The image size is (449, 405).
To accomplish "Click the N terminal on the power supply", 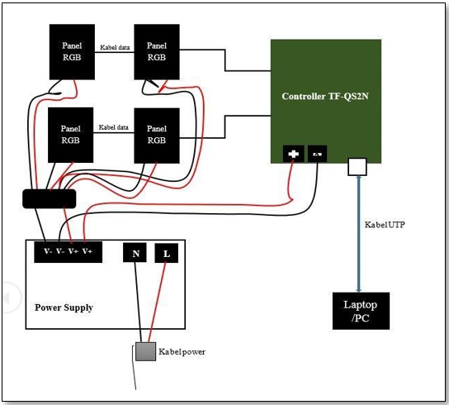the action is click(x=135, y=253).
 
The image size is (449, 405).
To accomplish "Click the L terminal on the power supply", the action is click(x=167, y=253).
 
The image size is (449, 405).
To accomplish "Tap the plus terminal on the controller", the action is click(x=294, y=154).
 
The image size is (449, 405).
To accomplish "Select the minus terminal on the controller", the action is click(x=317, y=154).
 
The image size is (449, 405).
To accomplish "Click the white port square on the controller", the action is click(x=357, y=167).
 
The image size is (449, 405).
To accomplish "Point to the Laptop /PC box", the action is click(x=361, y=311).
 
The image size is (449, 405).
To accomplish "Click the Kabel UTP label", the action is click(x=385, y=225).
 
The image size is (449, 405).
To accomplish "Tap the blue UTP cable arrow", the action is click(x=358, y=234).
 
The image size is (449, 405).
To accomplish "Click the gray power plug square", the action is click(x=146, y=351).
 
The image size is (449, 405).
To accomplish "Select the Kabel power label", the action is click(x=182, y=352).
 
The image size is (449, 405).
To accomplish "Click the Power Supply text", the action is click(x=64, y=307).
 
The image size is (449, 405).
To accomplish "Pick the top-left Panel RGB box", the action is click(x=72, y=52).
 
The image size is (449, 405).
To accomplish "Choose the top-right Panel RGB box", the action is click(x=157, y=52).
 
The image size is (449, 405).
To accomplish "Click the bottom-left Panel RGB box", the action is click(x=70, y=135).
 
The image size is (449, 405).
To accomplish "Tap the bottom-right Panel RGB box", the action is click(x=157, y=136).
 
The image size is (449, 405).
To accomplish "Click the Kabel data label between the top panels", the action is click(x=115, y=47).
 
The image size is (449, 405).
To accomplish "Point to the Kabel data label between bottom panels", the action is click(x=113, y=127).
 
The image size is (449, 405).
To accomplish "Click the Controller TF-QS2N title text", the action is click(x=325, y=96).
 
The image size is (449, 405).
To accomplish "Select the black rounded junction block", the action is click(x=50, y=198).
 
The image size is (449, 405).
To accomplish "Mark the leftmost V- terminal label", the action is click(x=48, y=251).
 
